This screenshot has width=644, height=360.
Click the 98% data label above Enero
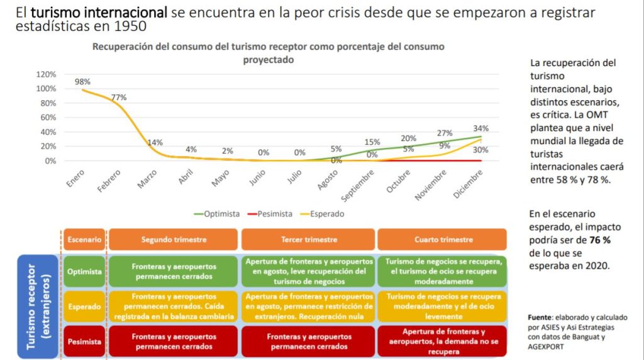(x=83, y=82)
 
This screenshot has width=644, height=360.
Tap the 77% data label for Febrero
(x=119, y=98)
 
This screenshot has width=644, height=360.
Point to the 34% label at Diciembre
(x=481, y=128)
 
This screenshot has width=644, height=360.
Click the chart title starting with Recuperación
(x=269, y=53)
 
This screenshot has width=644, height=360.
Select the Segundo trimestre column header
(x=174, y=240)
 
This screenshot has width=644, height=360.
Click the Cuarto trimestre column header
(x=442, y=240)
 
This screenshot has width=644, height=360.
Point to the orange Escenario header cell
(x=84, y=240)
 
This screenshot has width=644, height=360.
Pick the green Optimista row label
(x=84, y=271)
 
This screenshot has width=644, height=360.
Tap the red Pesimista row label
(x=84, y=342)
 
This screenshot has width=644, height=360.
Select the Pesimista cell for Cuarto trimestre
(x=442, y=342)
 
